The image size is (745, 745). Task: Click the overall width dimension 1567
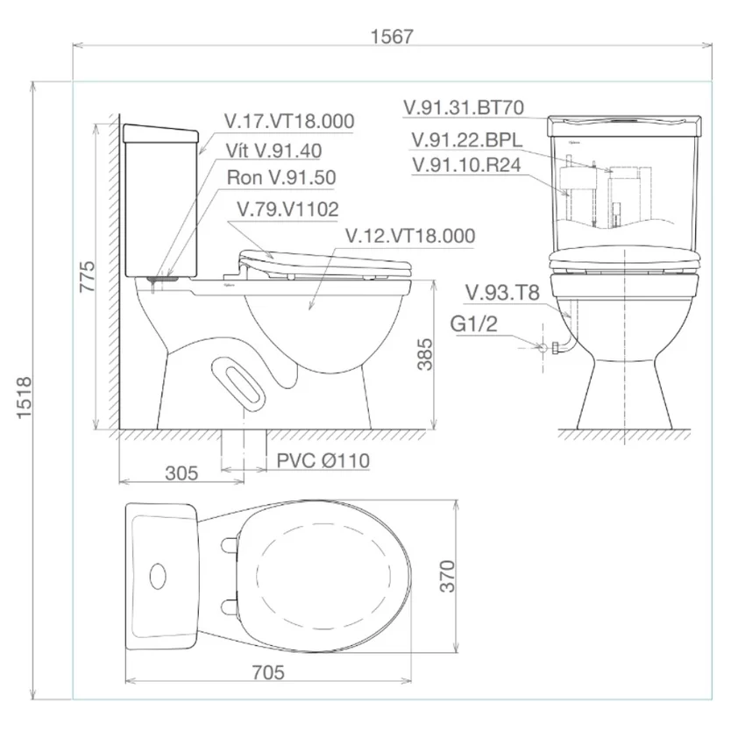tap(392, 37)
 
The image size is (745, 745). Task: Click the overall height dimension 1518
tap(25, 398)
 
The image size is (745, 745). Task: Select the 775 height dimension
tap(87, 276)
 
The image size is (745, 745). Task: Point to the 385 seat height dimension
tap(424, 354)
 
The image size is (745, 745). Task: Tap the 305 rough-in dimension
tap(181, 473)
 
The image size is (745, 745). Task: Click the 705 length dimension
tap(268, 672)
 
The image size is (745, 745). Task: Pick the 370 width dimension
tap(447, 576)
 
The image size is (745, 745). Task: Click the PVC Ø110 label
tap(323, 460)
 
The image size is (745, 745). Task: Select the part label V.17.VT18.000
tap(289, 121)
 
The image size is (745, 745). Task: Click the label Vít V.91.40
tap(273, 151)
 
